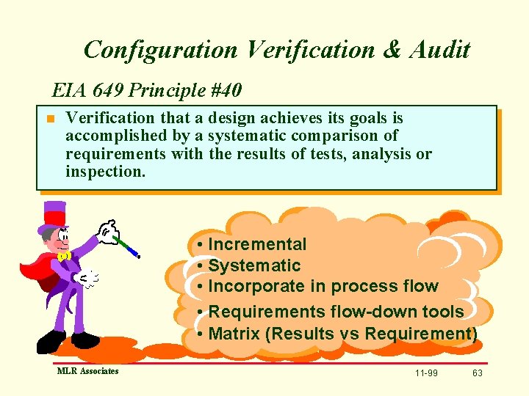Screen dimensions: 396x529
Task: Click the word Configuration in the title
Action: click(x=160, y=50)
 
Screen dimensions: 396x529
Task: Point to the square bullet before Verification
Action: click(x=50, y=119)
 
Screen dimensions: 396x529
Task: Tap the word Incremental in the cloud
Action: click(x=257, y=244)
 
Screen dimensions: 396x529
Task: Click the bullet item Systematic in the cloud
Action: click(x=254, y=265)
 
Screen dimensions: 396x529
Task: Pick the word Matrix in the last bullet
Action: click(x=234, y=334)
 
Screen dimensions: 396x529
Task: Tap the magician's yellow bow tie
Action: click(x=64, y=256)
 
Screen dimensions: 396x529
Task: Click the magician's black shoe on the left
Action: click(x=51, y=341)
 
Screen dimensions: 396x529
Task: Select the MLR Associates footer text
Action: click(x=88, y=371)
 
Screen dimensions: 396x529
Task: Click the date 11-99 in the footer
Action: click(x=426, y=373)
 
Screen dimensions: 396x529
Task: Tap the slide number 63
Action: click(x=478, y=373)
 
